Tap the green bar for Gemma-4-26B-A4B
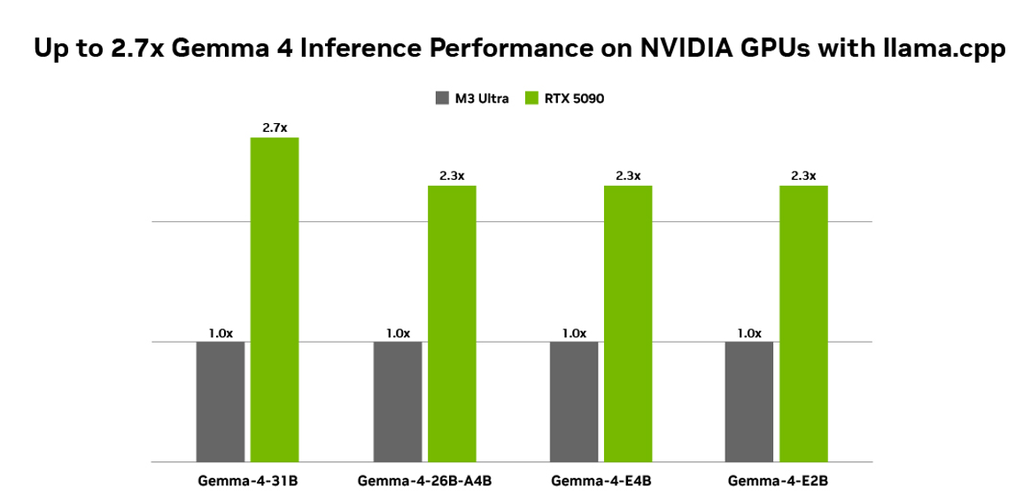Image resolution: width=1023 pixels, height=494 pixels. coord(452,323)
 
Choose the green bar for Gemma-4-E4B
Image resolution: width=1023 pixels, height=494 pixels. coord(628,323)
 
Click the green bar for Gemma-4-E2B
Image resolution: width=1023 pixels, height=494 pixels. coord(803,323)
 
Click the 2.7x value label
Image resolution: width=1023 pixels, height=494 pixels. coord(275,128)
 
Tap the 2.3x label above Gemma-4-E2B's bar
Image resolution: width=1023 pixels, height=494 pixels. coord(803,175)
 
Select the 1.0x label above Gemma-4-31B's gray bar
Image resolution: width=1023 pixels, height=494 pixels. coord(221,333)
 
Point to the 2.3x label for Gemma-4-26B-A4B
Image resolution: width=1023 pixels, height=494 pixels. coord(452,175)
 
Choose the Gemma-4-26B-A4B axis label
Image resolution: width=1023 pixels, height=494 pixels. coord(424,481)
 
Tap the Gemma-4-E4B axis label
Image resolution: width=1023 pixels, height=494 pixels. coord(601,481)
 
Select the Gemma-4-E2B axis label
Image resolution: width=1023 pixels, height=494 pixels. coord(777,481)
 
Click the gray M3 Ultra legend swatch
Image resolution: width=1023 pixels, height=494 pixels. coord(442,98)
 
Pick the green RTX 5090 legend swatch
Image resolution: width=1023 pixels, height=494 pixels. coord(533,98)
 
